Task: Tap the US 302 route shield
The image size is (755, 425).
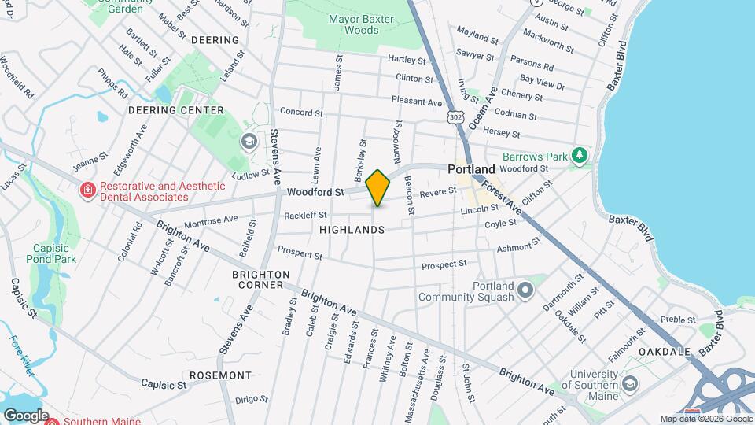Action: (x=455, y=117)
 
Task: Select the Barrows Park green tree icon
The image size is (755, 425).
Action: (x=580, y=155)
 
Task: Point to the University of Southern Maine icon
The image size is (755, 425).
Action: (x=628, y=383)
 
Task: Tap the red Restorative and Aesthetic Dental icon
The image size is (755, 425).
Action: (x=87, y=189)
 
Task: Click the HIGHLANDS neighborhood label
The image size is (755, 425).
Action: (x=352, y=230)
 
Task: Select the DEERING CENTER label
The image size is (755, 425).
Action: (x=175, y=110)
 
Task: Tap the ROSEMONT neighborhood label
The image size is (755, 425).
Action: (x=220, y=375)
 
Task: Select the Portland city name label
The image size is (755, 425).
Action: (x=471, y=169)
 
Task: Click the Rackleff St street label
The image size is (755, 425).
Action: (x=305, y=215)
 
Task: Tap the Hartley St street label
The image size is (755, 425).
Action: (x=407, y=59)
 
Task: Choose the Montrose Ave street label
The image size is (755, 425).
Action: (x=210, y=223)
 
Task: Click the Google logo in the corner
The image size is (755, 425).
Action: (x=25, y=416)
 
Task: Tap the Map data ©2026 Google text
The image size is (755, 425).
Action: (x=705, y=419)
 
